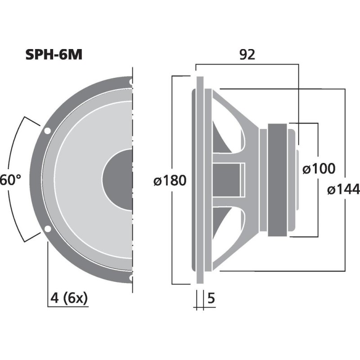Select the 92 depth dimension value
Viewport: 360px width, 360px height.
pos(247,54)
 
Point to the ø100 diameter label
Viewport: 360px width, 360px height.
pos(319,169)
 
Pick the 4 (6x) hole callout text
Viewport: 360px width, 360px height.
pos(68,297)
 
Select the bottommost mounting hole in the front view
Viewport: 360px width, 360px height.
pos(130,278)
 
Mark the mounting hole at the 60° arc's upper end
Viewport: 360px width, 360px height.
pos(47,131)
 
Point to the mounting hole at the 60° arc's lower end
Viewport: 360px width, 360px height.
pos(47,229)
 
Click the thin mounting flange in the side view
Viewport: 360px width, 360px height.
pos(200,180)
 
